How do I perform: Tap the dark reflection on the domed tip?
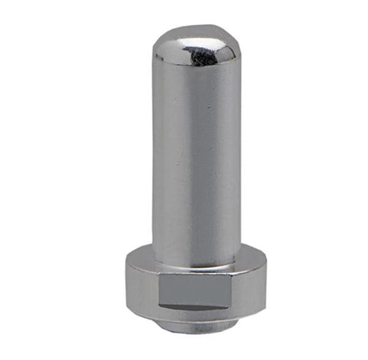point(205,56)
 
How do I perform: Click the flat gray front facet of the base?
point(196,290)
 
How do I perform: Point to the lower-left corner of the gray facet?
point(161,305)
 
